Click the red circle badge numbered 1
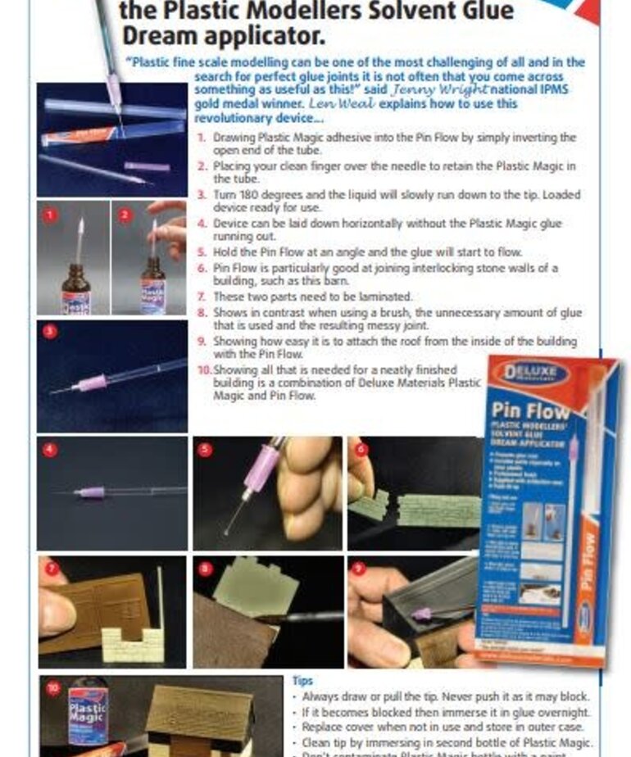49,215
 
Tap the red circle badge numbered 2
125,215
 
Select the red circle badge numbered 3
49,332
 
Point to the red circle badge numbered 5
206,449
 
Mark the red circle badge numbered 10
53,688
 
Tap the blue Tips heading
302,680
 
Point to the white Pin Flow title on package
529,410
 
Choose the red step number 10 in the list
205,369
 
